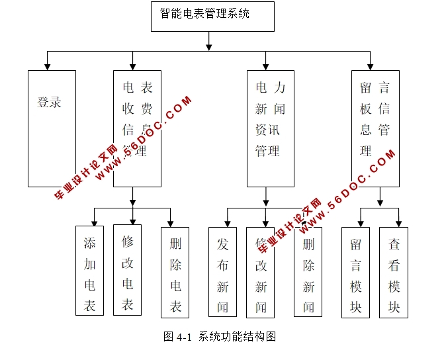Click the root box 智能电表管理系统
point(212,17)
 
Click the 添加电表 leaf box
point(90,271)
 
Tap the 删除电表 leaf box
point(175,272)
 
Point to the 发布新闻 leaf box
point(222,272)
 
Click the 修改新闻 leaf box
point(261,272)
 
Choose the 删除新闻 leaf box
point(308,272)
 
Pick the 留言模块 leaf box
point(356,272)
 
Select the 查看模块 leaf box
point(394,272)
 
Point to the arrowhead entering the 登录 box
point(47,66)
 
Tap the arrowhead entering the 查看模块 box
point(398,223)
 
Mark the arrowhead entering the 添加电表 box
point(94,222)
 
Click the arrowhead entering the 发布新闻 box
point(227,223)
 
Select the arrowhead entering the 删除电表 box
point(171,223)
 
